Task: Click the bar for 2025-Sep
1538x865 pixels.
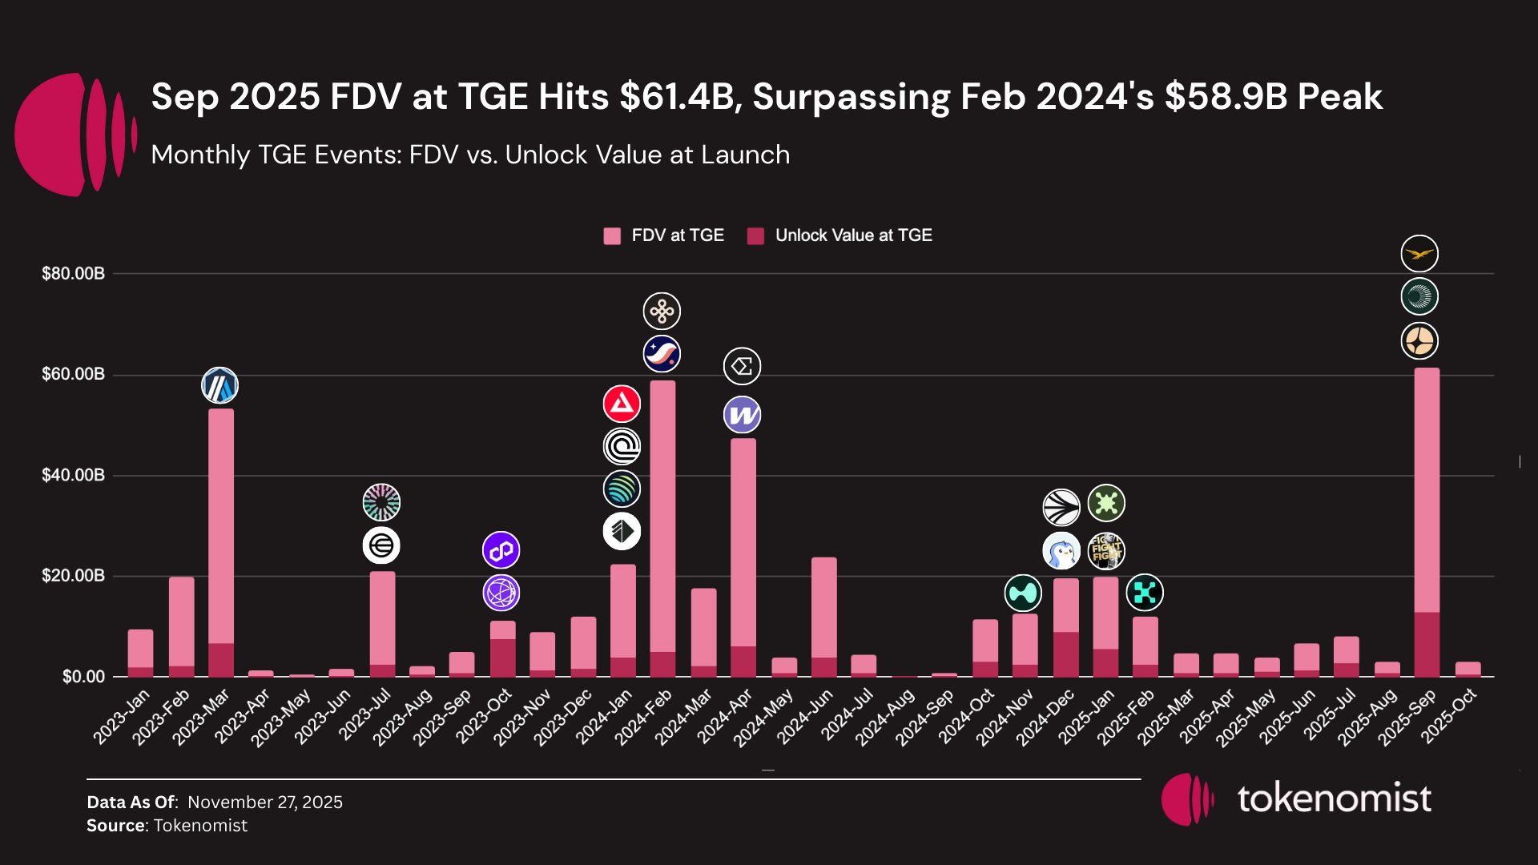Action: click(x=1427, y=521)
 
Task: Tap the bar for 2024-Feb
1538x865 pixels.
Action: click(x=662, y=529)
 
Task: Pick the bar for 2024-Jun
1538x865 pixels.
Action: click(x=824, y=617)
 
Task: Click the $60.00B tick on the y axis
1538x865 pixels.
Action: click(x=73, y=374)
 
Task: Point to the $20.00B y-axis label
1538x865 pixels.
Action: click(x=73, y=576)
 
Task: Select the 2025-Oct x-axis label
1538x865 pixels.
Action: click(x=1450, y=716)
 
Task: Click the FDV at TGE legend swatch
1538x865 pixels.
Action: click(x=612, y=236)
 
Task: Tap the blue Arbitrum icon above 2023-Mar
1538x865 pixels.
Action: click(x=219, y=386)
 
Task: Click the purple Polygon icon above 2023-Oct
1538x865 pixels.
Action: click(x=501, y=550)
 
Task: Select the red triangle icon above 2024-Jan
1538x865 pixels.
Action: click(x=622, y=404)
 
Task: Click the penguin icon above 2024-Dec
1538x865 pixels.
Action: click(x=1061, y=551)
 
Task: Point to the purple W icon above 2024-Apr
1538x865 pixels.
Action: click(x=742, y=415)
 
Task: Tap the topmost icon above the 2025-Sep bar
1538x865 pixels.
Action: click(x=1419, y=254)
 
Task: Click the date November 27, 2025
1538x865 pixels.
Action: click(x=265, y=803)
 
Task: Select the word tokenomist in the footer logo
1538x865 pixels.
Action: click(x=1335, y=799)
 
